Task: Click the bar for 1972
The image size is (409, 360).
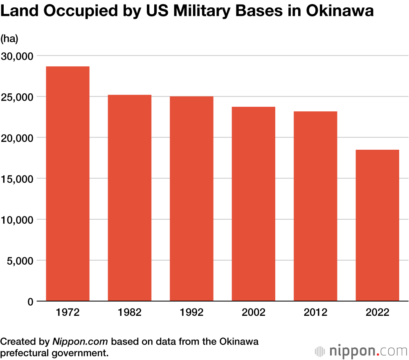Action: pyautogui.click(x=67, y=184)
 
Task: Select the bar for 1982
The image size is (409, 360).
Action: pyautogui.click(x=130, y=198)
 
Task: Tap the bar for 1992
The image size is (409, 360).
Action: pyautogui.click(x=191, y=199)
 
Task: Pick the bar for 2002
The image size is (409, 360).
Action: pyautogui.click(x=254, y=205)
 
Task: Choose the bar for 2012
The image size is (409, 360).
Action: pyautogui.click(x=315, y=207)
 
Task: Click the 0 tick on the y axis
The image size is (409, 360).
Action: pyautogui.click(x=30, y=302)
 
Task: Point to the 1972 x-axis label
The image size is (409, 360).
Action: pyautogui.click(x=67, y=313)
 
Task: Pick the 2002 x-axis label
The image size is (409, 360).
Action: pyautogui.click(x=254, y=313)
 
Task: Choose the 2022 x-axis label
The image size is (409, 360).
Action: pyautogui.click(x=378, y=313)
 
